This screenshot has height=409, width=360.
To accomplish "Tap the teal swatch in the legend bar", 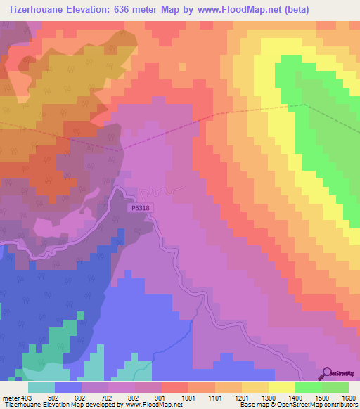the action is (x=41, y=388).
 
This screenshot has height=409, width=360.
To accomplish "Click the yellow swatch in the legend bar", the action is (x=281, y=388).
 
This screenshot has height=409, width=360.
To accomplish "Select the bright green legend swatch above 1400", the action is (x=308, y=388).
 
